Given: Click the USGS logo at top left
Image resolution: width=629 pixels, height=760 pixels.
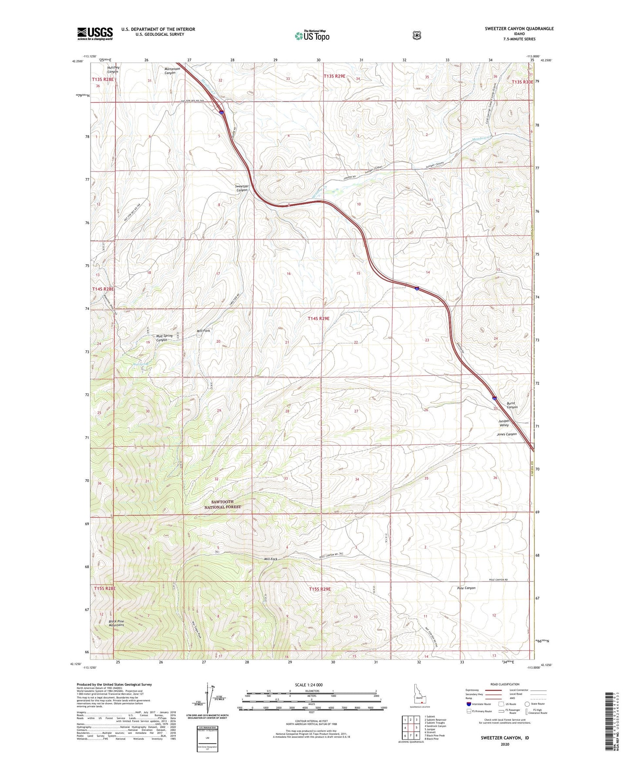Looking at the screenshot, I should tap(95, 33).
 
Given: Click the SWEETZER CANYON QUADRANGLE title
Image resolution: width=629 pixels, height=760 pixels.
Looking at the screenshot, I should tap(519, 29).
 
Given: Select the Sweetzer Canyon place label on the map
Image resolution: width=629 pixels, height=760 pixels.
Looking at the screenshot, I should tap(242, 188).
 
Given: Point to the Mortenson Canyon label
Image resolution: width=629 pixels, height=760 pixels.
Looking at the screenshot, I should tap(164, 71).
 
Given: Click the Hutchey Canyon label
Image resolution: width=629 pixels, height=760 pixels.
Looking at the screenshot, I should tap(113, 70).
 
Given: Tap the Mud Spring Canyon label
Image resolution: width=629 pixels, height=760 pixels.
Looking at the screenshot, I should tap(164, 338).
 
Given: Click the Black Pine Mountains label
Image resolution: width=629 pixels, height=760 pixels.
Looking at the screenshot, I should tap(116, 623).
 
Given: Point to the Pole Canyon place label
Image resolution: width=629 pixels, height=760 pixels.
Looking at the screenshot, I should tap(466, 588).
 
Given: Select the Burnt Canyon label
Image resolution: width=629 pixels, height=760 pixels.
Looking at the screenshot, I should tap(512, 405).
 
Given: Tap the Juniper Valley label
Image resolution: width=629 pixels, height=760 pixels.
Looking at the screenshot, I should tap(504, 423).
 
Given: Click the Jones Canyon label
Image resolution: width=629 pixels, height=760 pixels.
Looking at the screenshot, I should tap(507, 434).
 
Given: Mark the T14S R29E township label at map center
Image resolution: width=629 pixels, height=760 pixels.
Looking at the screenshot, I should tap(319, 319).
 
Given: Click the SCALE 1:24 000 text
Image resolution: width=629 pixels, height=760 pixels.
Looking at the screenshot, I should tap(309, 685).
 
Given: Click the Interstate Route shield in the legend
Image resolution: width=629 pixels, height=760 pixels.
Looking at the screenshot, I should tap(468, 704).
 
